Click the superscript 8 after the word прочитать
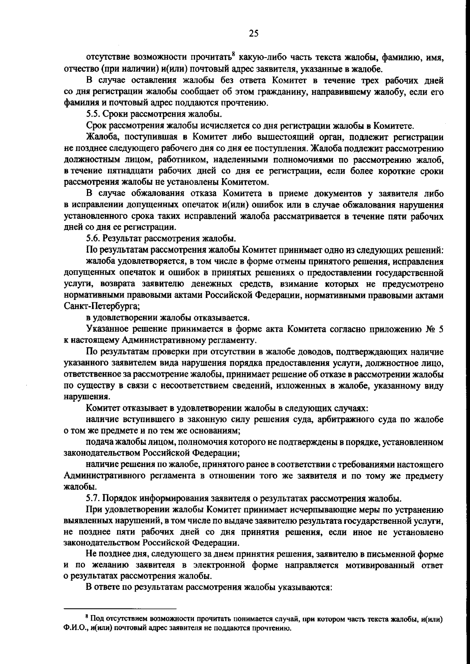(x=233, y=55)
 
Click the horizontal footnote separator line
(x=120, y=609)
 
